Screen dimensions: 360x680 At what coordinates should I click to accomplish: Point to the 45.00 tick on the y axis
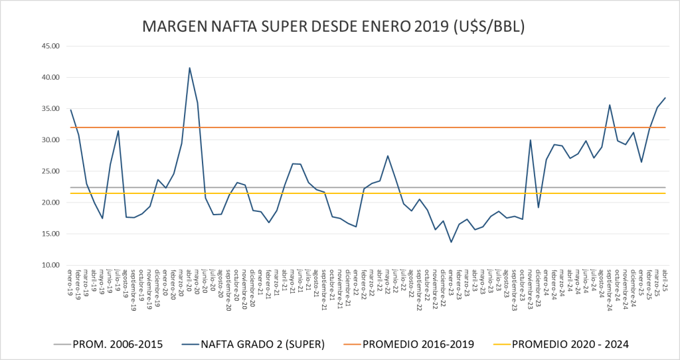pyautogui.click(x=50, y=46)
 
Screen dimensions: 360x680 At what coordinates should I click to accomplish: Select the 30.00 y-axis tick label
pyautogui.click(x=50, y=140)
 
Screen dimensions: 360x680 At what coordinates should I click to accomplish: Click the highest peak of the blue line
pyautogui.click(x=189, y=68)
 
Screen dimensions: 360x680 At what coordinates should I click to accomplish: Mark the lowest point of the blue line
pyautogui.click(x=451, y=242)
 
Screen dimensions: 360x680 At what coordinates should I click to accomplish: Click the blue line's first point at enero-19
pyautogui.click(x=70, y=110)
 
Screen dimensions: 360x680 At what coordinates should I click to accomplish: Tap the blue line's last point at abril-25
pyautogui.click(x=665, y=98)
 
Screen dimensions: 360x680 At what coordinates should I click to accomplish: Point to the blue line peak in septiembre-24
pyautogui.click(x=610, y=105)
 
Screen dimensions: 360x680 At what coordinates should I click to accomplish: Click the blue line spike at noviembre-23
pyautogui.click(x=531, y=140)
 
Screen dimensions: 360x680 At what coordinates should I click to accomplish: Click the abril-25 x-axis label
pyautogui.click(x=663, y=279)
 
